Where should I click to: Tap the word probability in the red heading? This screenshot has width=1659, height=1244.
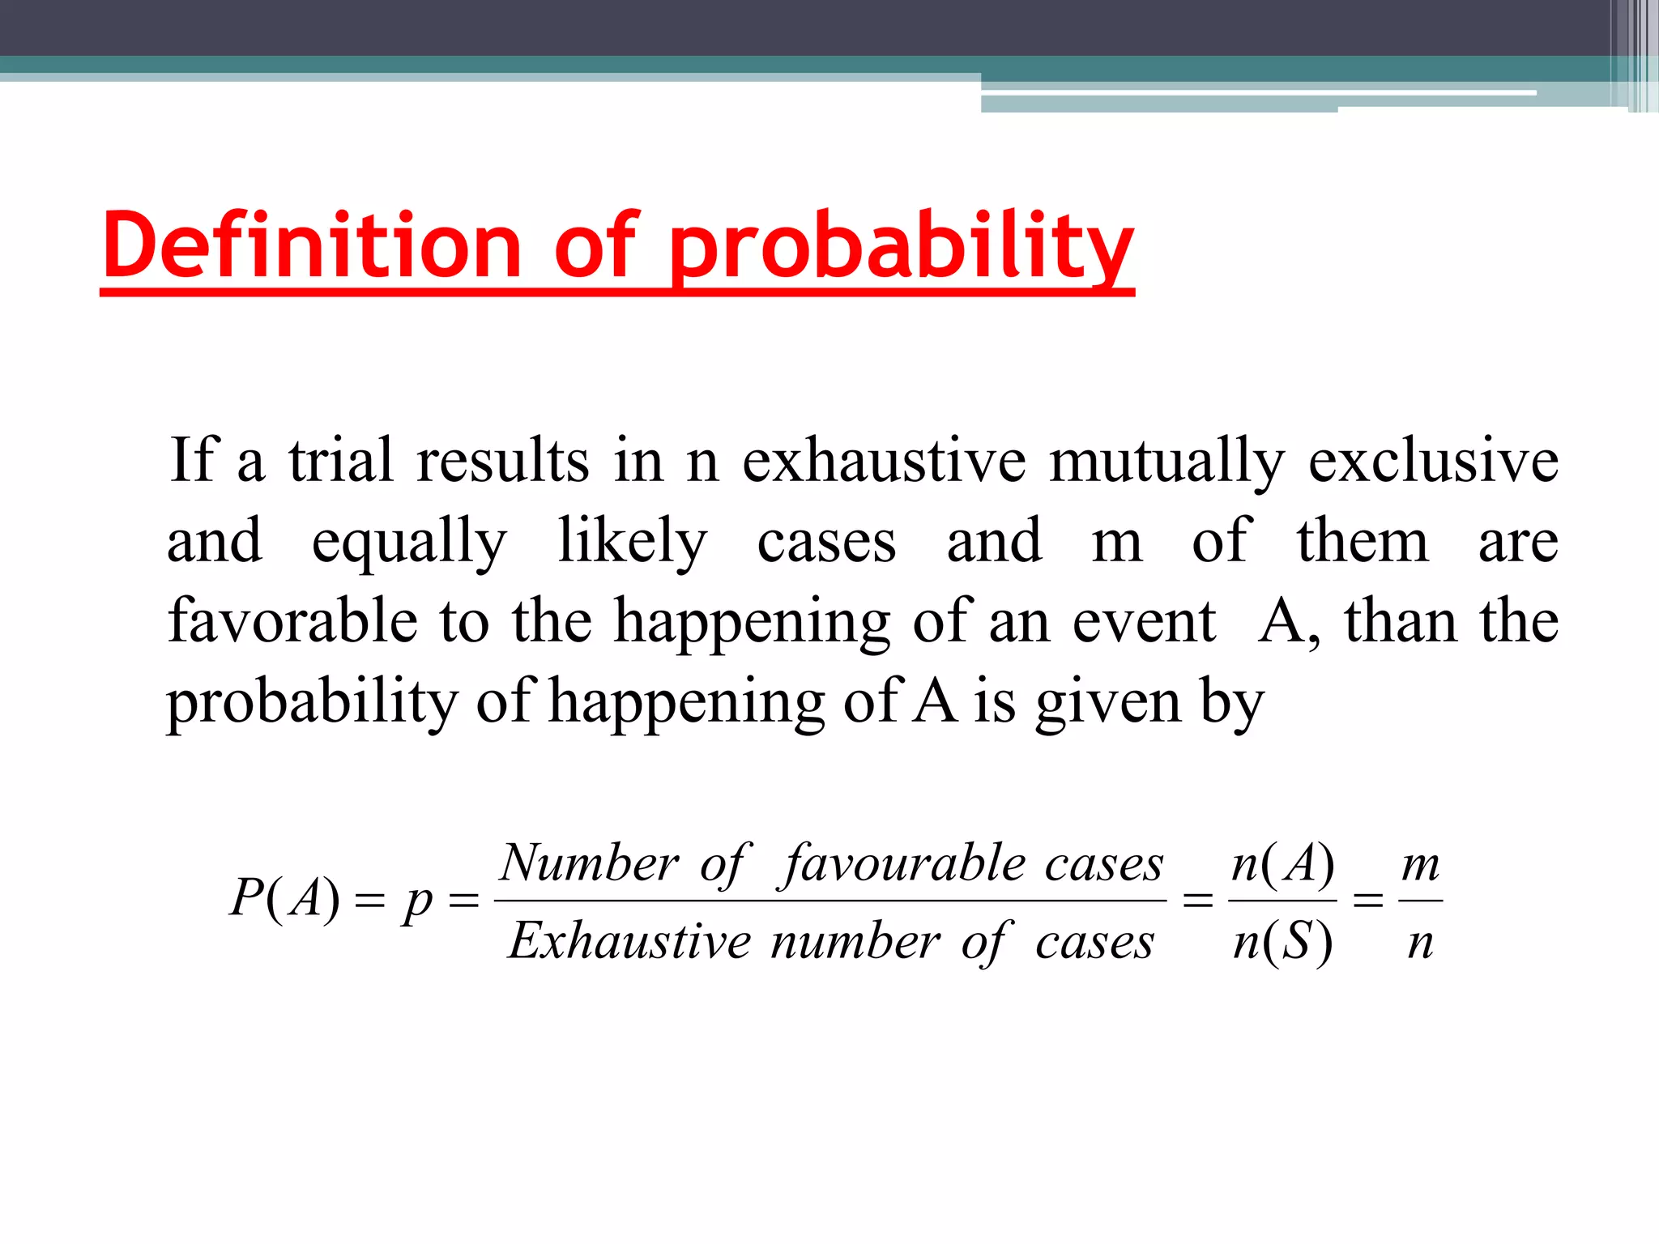[x=901, y=246]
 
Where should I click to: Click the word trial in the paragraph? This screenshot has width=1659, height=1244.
[x=341, y=460]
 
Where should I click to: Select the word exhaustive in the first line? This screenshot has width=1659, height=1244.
[x=884, y=460]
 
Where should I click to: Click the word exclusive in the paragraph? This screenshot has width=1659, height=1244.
[x=1433, y=460]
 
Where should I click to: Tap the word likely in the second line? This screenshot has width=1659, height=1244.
[x=632, y=541]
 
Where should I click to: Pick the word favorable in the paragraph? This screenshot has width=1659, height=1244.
[x=292, y=620]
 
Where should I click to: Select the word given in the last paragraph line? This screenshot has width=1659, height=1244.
[x=1107, y=701]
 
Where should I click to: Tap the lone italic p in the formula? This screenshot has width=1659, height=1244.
[x=418, y=901]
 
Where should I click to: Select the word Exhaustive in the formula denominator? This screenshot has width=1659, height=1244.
[x=629, y=941]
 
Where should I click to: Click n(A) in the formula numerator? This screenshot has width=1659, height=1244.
[x=1282, y=863]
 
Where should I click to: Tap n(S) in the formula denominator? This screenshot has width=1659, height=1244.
[x=1282, y=943]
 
